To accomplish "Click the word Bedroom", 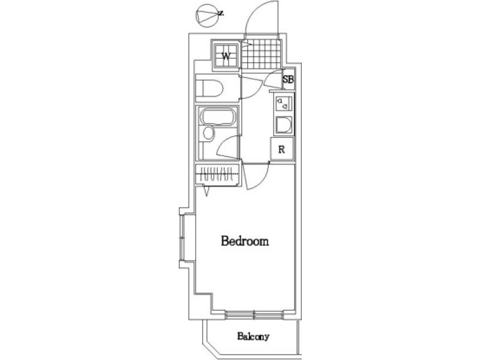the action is [245, 241].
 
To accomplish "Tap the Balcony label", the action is [253, 337].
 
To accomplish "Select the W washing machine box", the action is [226, 56].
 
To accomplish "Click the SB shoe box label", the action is [288, 79].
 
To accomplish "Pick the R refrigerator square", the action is [282, 149].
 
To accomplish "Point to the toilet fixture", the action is [209, 88].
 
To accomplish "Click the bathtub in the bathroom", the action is [218, 118].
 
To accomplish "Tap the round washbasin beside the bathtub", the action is [208, 133].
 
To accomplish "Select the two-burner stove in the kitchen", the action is [282, 103].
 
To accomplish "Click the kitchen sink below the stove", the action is [283, 125].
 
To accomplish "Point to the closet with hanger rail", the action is [217, 175].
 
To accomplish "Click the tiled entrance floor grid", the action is [260, 55].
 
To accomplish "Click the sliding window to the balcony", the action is [254, 314].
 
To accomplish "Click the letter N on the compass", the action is [221, 13].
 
